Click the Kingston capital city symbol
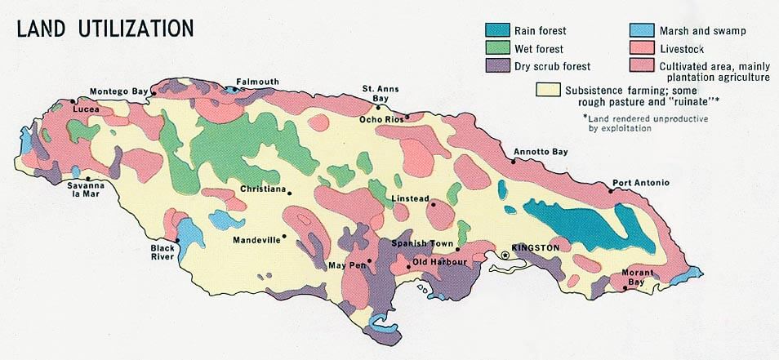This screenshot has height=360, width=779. point(505,256)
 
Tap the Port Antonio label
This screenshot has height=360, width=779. point(641,183)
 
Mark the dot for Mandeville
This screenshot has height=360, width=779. point(284,238)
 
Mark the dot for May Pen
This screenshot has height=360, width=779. point(369,261)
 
